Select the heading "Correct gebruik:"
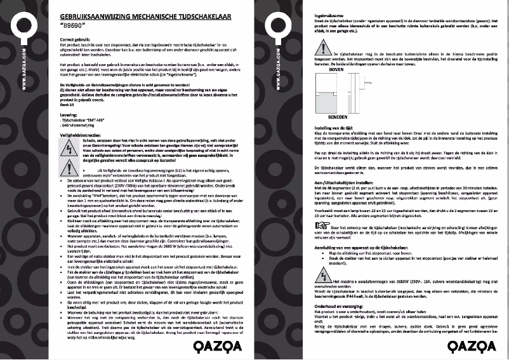(x=76, y=40)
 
